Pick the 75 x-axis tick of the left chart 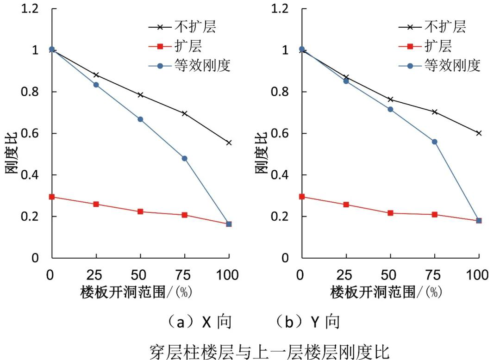(184, 275)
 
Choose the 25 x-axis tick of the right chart (346, 275)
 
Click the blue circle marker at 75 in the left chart (184, 158)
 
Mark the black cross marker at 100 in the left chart (229, 143)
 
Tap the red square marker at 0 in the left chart (52, 197)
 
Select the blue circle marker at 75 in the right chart (434, 142)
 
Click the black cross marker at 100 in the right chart (479, 133)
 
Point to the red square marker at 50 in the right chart (390, 213)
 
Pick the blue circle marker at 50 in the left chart (140, 119)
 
